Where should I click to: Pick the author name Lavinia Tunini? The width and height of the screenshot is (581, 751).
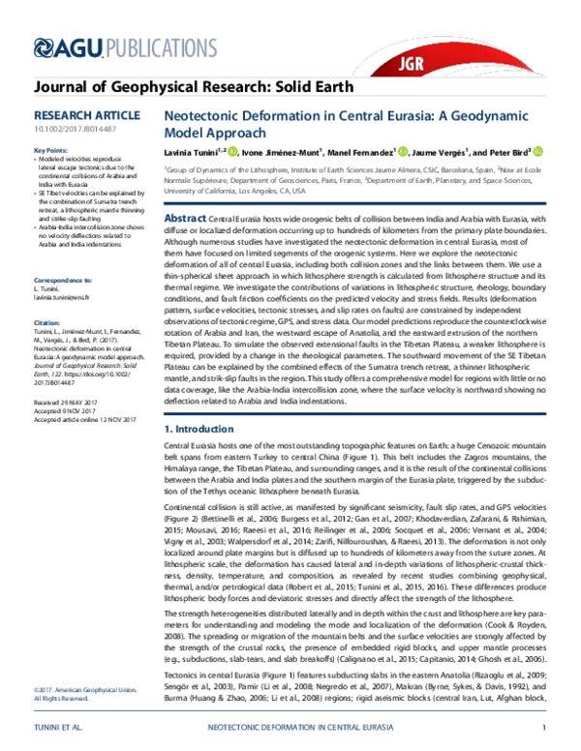point(188,152)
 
